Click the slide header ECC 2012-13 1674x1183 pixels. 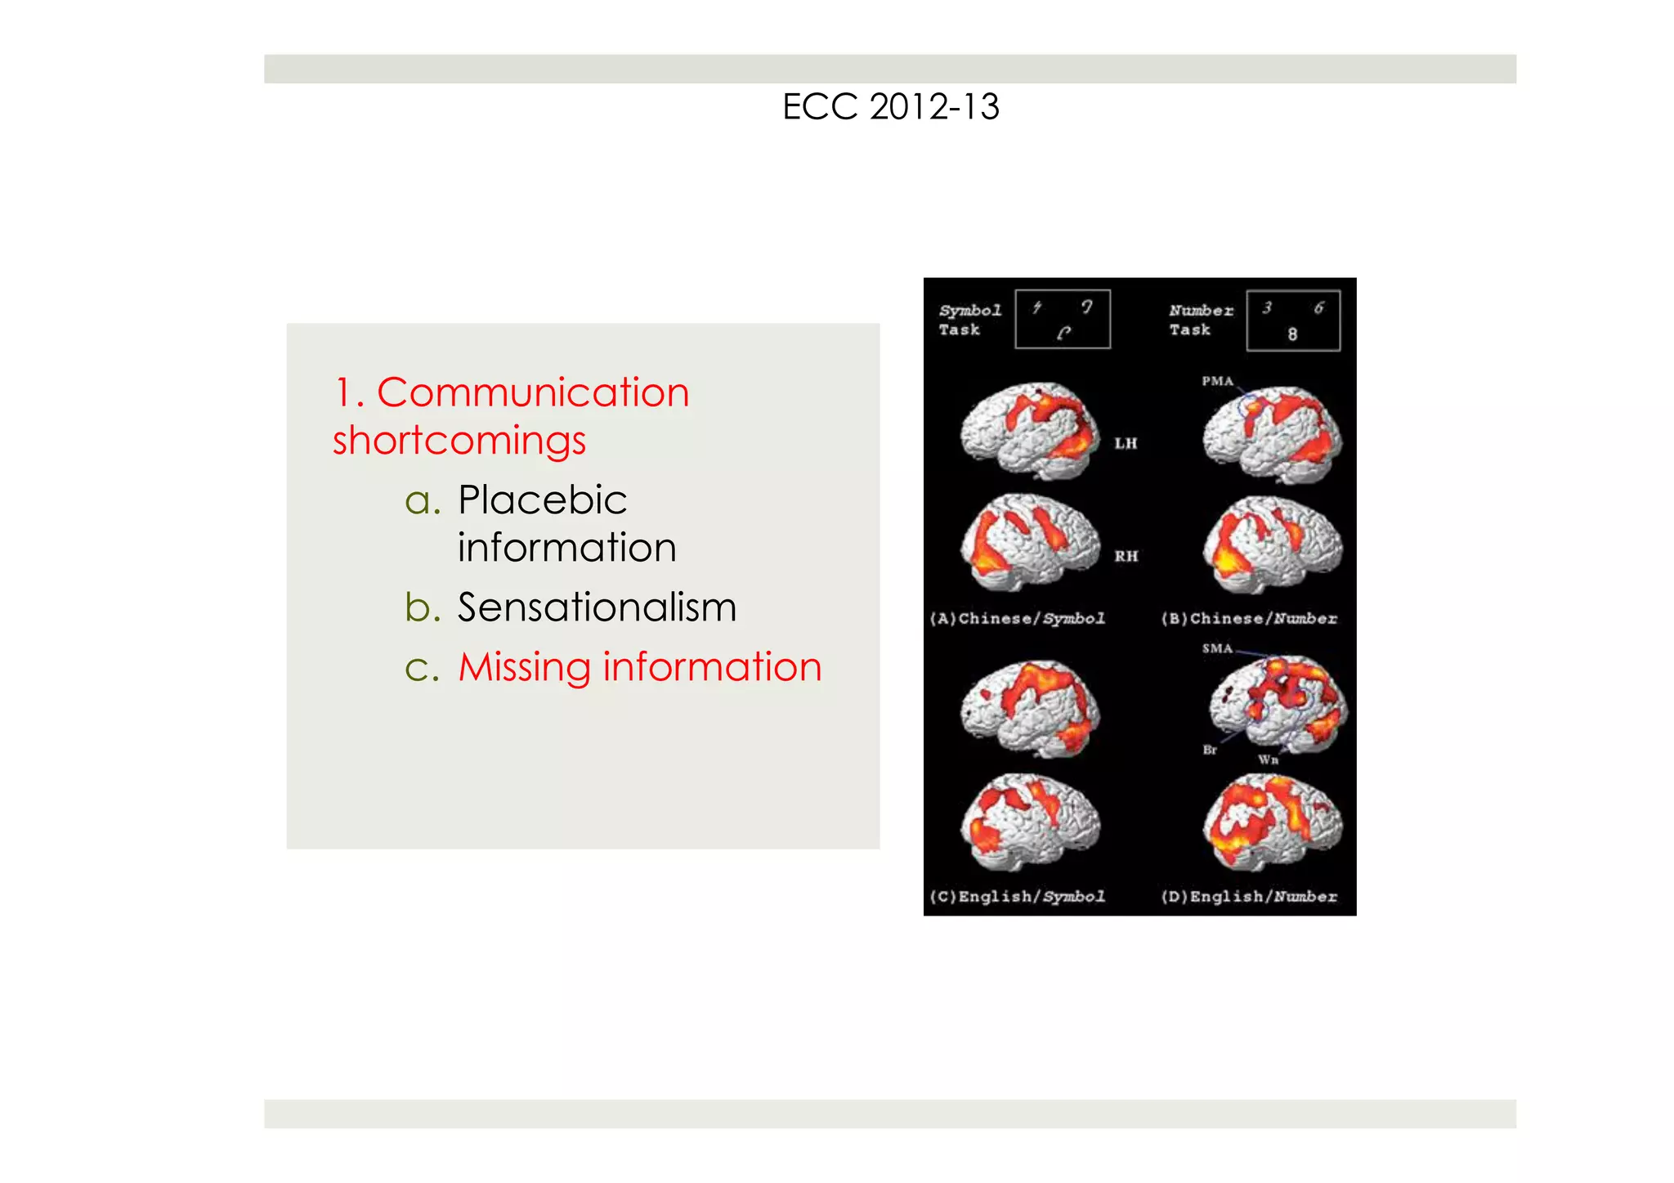click(x=890, y=107)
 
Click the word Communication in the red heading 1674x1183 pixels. click(x=533, y=393)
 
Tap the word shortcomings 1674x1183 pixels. click(x=459, y=441)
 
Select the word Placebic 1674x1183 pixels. click(x=542, y=500)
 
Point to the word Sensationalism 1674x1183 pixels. click(x=597, y=608)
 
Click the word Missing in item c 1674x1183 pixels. click(x=523, y=667)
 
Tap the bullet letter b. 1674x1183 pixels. click(x=423, y=608)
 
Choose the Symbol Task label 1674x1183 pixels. click(x=969, y=320)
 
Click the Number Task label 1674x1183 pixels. click(x=1200, y=320)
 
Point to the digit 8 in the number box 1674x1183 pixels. click(x=1292, y=334)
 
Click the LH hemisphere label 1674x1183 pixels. click(x=1126, y=444)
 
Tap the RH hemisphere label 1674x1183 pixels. click(x=1126, y=557)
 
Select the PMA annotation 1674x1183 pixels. click(x=1217, y=381)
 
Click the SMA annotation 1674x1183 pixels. click(x=1217, y=649)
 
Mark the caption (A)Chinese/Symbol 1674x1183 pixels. click(x=1018, y=619)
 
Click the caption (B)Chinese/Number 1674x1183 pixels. click(x=1249, y=619)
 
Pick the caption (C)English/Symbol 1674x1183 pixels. click(x=1018, y=897)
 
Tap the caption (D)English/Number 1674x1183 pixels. click(x=1249, y=897)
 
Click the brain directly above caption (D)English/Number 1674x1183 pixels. click(x=1272, y=821)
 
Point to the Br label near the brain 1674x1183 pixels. click(x=1210, y=750)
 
